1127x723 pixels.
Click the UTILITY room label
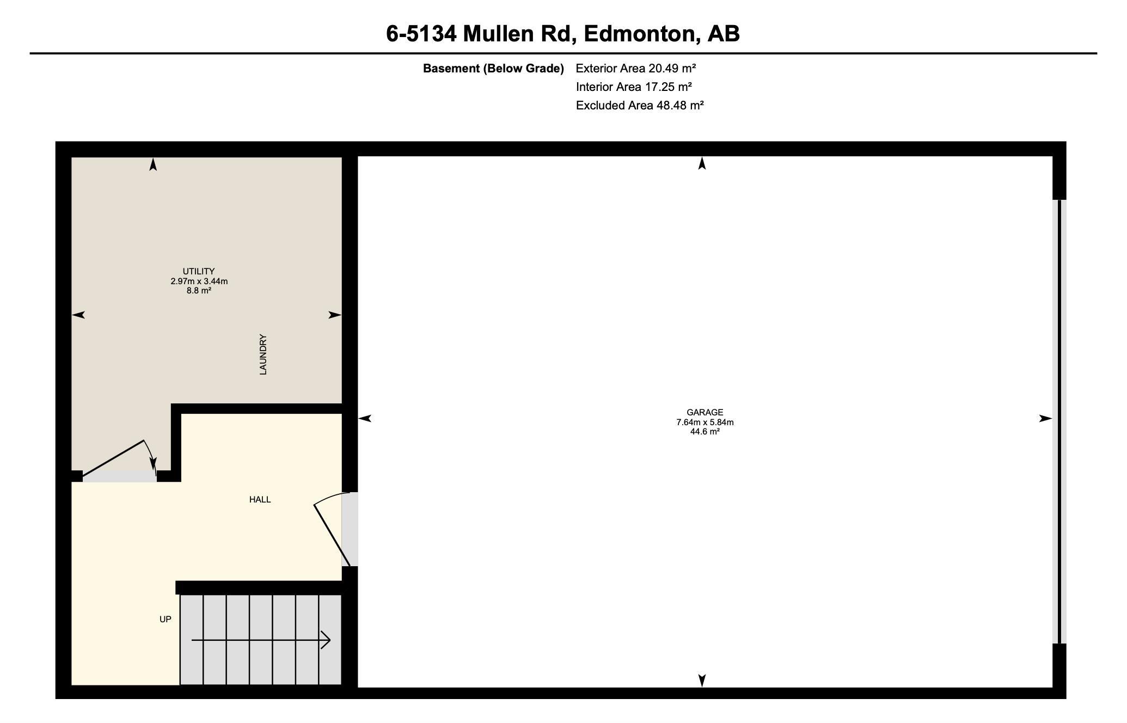pyautogui.click(x=199, y=271)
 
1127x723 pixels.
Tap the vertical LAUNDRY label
pyautogui.click(x=263, y=354)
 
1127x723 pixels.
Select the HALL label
pyautogui.click(x=260, y=499)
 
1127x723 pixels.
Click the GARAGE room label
pyautogui.click(x=705, y=413)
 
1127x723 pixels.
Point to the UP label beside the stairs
pyautogui.click(x=166, y=619)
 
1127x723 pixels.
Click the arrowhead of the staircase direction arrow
pyautogui.click(x=326, y=640)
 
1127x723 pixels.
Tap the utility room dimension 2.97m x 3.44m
pyautogui.click(x=199, y=281)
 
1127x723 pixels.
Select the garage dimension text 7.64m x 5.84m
pyautogui.click(x=705, y=422)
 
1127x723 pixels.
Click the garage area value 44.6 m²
pyautogui.click(x=705, y=432)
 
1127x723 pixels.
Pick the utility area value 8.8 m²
pyautogui.click(x=199, y=291)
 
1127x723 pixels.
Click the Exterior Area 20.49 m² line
pyautogui.click(x=636, y=68)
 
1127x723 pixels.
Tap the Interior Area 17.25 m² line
pyautogui.click(x=634, y=87)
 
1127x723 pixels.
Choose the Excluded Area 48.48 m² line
pyautogui.click(x=640, y=105)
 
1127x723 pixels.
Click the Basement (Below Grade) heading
pyautogui.click(x=493, y=69)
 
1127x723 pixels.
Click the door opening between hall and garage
pyautogui.click(x=350, y=529)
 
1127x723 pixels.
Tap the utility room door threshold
pyautogui.click(x=120, y=476)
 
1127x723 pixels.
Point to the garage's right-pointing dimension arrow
pyautogui.click(x=1045, y=418)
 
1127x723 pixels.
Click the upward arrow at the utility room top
pyautogui.click(x=153, y=164)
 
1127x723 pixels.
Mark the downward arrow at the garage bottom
pyautogui.click(x=702, y=681)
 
